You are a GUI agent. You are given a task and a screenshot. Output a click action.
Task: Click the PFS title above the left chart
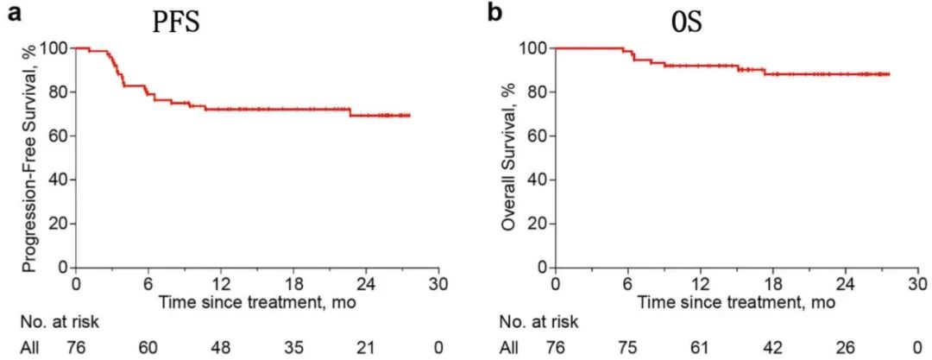click(176, 22)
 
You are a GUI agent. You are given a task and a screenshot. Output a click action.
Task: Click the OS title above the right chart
click(687, 22)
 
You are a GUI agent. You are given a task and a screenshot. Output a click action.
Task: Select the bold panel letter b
click(494, 12)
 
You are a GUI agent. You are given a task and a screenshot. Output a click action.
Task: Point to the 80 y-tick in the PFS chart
click(57, 92)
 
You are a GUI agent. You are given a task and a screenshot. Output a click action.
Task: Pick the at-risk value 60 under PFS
click(148, 348)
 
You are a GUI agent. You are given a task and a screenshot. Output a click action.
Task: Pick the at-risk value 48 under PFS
click(221, 348)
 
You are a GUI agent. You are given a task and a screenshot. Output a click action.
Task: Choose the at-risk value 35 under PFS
click(293, 348)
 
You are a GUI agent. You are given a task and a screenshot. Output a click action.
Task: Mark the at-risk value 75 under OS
click(627, 348)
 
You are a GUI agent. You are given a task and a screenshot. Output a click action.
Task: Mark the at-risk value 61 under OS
click(700, 348)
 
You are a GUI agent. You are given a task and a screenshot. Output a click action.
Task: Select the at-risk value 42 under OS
click(772, 348)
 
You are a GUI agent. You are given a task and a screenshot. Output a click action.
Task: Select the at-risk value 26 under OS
click(845, 348)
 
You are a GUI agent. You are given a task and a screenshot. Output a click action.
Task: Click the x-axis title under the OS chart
click(736, 303)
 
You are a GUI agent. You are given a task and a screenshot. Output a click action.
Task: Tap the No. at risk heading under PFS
click(60, 322)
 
